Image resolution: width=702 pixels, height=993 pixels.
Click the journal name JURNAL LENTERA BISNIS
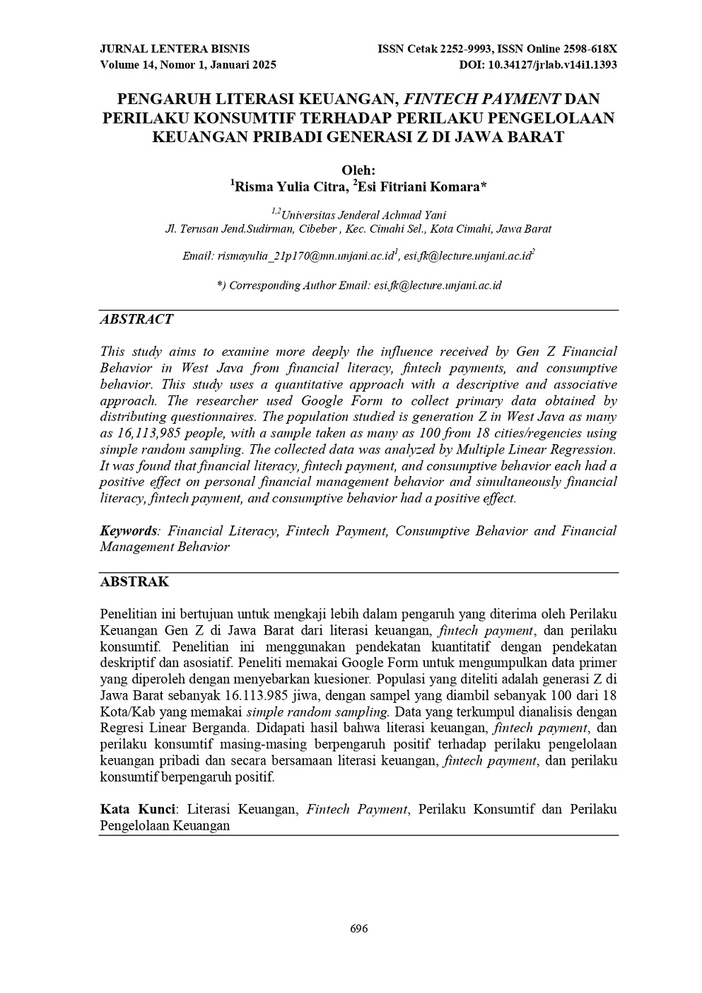(x=175, y=49)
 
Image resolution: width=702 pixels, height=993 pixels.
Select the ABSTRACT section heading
(x=136, y=319)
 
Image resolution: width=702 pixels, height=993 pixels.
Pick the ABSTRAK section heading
(x=134, y=582)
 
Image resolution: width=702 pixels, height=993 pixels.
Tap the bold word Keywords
(x=128, y=531)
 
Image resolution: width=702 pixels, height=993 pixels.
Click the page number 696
(x=359, y=929)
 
